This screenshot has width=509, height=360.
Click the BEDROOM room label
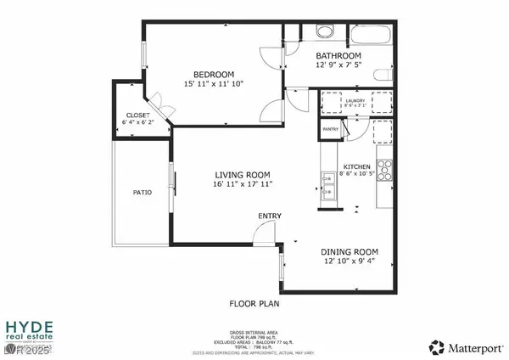click(213, 74)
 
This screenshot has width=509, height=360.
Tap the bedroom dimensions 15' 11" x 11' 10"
click(213, 84)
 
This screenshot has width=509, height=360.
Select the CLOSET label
click(137, 115)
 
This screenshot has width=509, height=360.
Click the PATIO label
click(143, 193)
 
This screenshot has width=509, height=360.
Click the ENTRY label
click(270, 217)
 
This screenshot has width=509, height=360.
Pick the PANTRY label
click(331, 129)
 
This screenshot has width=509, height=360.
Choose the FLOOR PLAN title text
click(255, 302)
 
